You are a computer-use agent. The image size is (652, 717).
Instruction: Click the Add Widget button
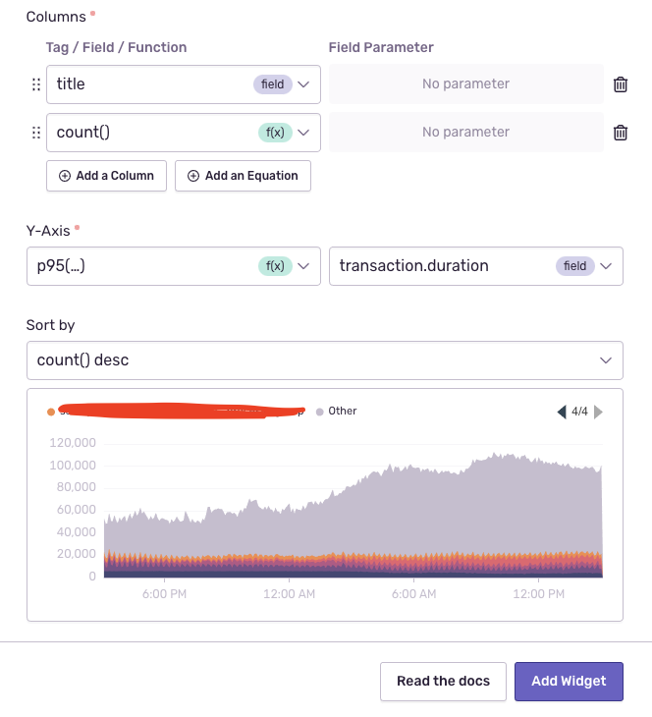pyautogui.click(x=569, y=681)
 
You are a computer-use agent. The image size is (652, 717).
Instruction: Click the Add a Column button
pyautogui.click(x=106, y=176)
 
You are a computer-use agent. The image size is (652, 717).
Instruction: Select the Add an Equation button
pyautogui.click(x=243, y=176)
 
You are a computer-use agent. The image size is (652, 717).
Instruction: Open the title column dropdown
pyautogui.click(x=183, y=84)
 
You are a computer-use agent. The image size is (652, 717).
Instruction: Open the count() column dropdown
pyautogui.click(x=183, y=132)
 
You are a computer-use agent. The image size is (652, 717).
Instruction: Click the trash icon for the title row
pyautogui.click(x=621, y=84)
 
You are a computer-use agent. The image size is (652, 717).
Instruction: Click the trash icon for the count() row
pyautogui.click(x=621, y=133)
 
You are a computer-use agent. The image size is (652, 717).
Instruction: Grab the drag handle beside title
pyautogui.click(x=36, y=84)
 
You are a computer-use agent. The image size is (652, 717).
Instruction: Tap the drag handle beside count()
pyautogui.click(x=36, y=133)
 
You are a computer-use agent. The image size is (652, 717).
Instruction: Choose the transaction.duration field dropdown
pyautogui.click(x=475, y=266)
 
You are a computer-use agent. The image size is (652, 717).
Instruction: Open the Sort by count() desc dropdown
pyautogui.click(x=324, y=360)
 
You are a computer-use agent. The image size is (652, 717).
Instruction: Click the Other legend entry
pyautogui.click(x=342, y=412)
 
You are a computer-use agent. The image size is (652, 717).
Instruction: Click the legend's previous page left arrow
pyautogui.click(x=562, y=413)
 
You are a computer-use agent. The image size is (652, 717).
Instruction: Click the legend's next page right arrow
pyautogui.click(x=598, y=413)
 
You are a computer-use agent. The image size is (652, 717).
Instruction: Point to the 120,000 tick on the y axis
pyautogui.click(x=73, y=442)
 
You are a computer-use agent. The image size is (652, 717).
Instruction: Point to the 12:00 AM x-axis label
pyautogui.click(x=289, y=595)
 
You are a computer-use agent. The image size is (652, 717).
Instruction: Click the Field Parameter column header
pyautogui.click(x=381, y=47)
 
